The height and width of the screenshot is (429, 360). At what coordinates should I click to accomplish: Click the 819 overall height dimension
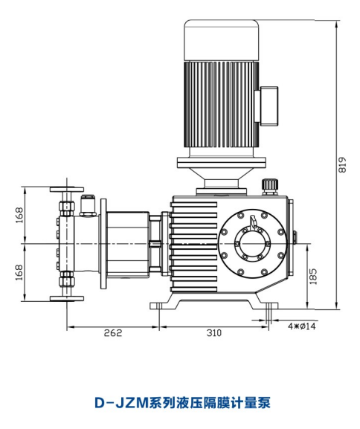[342, 165]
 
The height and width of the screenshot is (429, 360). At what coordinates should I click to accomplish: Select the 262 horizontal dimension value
[113, 332]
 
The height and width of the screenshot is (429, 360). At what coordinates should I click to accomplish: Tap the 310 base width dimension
[213, 332]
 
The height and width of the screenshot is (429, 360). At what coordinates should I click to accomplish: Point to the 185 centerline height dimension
[313, 276]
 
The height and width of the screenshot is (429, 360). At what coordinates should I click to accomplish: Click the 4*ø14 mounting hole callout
[301, 326]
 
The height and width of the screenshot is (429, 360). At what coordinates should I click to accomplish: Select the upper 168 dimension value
[19, 215]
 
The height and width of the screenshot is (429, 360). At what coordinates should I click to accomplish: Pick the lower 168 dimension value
[19, 272]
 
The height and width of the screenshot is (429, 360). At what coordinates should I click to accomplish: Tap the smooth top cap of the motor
[222, 40]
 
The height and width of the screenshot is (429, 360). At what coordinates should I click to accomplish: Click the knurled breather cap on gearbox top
[270, 186]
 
